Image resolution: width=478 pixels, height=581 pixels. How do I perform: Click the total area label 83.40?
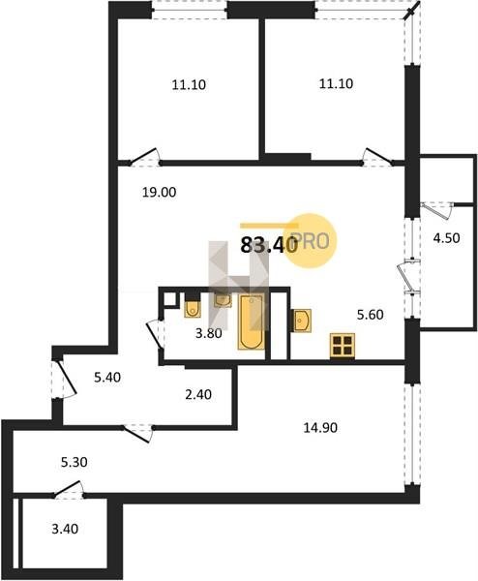coord(269,245)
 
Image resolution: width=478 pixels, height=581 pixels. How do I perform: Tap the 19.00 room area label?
coord(160,193)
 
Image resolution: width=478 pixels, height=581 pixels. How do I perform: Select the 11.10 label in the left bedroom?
coord(189,85)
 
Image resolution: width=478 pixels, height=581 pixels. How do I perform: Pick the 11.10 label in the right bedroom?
coord(336,83)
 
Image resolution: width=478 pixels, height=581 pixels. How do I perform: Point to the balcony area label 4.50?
coord(446,238)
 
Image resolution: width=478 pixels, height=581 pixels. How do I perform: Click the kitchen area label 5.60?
coord(370,315)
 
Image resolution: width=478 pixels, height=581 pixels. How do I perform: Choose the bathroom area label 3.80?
coord(209,333)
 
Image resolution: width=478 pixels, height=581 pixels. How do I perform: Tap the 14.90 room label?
coord(320,428)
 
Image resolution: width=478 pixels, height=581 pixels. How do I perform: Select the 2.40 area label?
coord(198,395)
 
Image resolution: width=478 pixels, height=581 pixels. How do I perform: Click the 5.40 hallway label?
coord(107,378)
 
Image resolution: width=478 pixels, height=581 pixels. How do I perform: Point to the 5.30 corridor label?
coord(75,463)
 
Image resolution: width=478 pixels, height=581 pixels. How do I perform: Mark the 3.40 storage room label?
coord(65,529)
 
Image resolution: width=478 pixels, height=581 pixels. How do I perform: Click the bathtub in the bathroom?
coord(252,321)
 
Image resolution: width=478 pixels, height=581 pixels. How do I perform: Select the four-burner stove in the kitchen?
coord(343,346)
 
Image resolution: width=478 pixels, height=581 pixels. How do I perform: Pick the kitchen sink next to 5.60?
coord(302,321)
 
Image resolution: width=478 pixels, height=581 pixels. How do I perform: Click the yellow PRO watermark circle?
coord(313,240)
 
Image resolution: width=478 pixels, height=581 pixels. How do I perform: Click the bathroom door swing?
coord(155,335)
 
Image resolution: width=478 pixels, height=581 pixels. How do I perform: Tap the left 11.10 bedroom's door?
coord(144,157)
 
